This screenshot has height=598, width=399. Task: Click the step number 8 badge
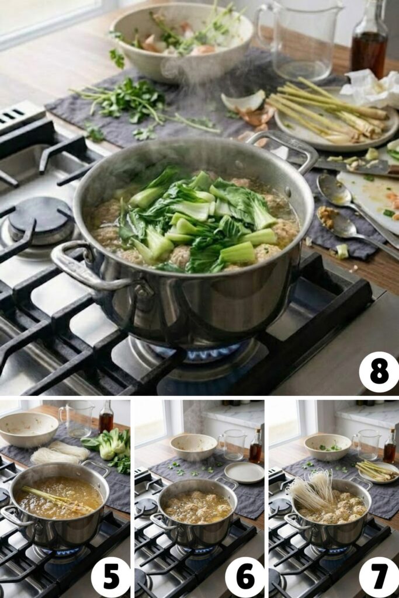click(379, 372)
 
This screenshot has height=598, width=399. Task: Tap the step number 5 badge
click(110, 577)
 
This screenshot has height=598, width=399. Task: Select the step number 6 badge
click(244, 577)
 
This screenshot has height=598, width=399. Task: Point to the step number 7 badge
click(379, 577)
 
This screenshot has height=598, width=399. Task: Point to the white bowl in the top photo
click(181, 41)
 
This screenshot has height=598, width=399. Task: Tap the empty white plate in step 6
click(244, 472)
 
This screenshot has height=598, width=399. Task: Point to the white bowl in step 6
click(193, 446)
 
